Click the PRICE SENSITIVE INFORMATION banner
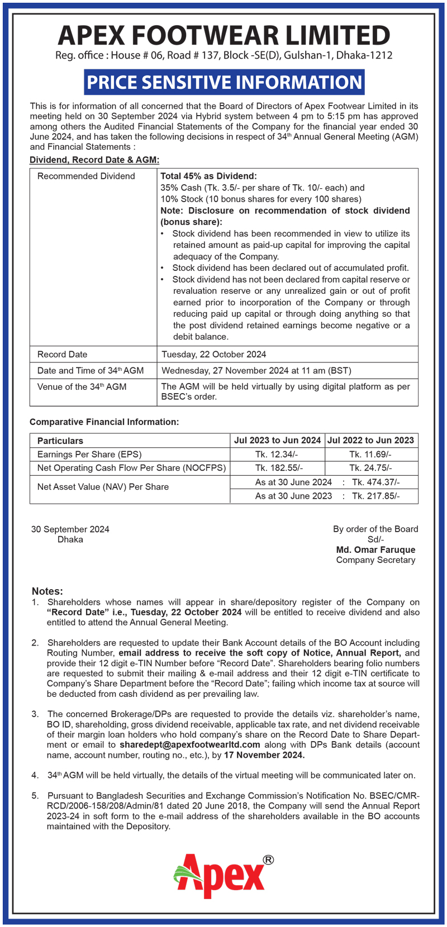tap(225, 82)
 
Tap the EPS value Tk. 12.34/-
tap(277, 455)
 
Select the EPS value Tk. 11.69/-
tap(370, 455)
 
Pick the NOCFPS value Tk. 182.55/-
tap(277, 468)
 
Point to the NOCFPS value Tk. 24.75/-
tap(370, 468)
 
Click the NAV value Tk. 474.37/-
tap(376, 482)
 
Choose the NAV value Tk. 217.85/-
tap(376, 496)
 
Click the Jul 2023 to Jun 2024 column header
tap(277, 440)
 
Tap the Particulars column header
tap(60, 441)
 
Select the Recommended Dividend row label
tap(86, 176)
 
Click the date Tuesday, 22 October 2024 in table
tap(214, 354)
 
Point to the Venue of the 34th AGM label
tap(82, 386)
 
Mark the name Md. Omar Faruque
tap(375, 549)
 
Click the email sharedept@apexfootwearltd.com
tap(190, 744)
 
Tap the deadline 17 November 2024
tap(264, 755)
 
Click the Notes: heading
tap(47, 591)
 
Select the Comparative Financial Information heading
tap(104, 422)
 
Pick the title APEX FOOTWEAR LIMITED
tap(224, 35)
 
